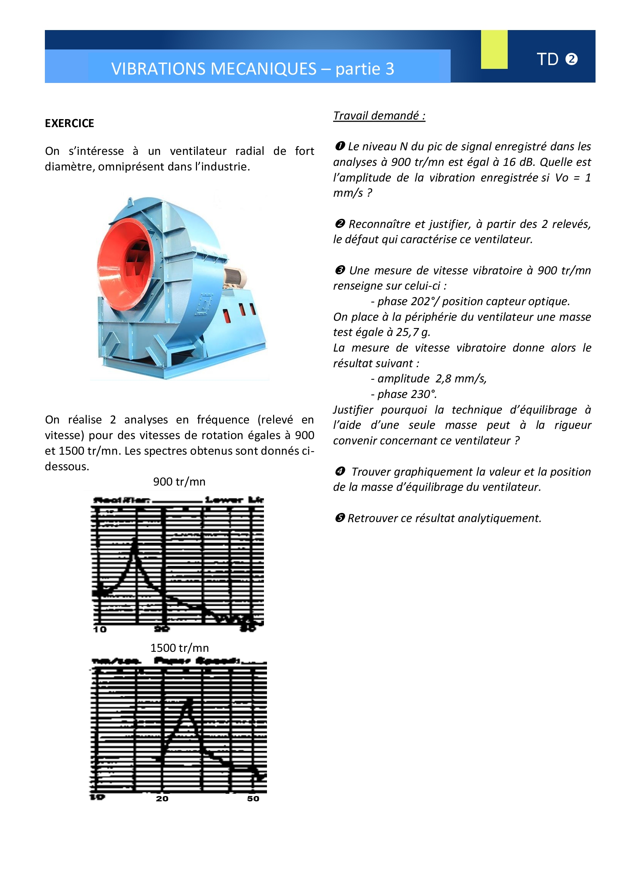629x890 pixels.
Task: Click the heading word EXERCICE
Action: [x=69, y=123]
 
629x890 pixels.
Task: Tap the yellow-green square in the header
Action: [x=494, y=49]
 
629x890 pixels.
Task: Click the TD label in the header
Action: [x=547, y=59]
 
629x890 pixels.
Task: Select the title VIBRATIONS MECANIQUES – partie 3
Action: [x=253, y=69]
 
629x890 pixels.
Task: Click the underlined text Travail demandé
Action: [x=379, y=116]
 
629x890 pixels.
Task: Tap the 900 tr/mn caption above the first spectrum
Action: [x=179, y=481]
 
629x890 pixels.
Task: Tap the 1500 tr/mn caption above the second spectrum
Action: [x=179, y=648]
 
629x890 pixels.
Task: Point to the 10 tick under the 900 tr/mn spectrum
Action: [x=100, y=629]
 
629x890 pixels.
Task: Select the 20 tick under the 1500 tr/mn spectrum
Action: [x=162, y=799]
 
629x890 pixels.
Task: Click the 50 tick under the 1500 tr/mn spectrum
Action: [x=253, y=799]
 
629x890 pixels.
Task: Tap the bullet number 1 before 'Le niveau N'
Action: [x=340, y=146]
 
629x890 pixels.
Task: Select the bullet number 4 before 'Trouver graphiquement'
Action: [x=340, y=471]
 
